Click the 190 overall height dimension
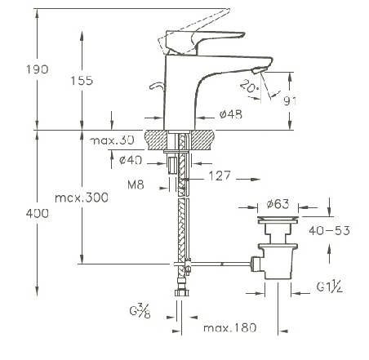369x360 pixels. click(x=38, y=69)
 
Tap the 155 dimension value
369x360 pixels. click(x=82, y=81)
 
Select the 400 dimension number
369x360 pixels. click(x=38, y=213)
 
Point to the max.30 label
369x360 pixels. click(x=112, y=140)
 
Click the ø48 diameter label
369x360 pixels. click(x=231, y=114)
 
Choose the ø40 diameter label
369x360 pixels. click(x=131, y=160)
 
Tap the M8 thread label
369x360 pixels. click(x=136, y=185)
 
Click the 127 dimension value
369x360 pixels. click(x=220, y=176)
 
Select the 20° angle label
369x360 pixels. click(x=249, y=87)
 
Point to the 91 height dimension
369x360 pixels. click(x=290, y=101)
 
